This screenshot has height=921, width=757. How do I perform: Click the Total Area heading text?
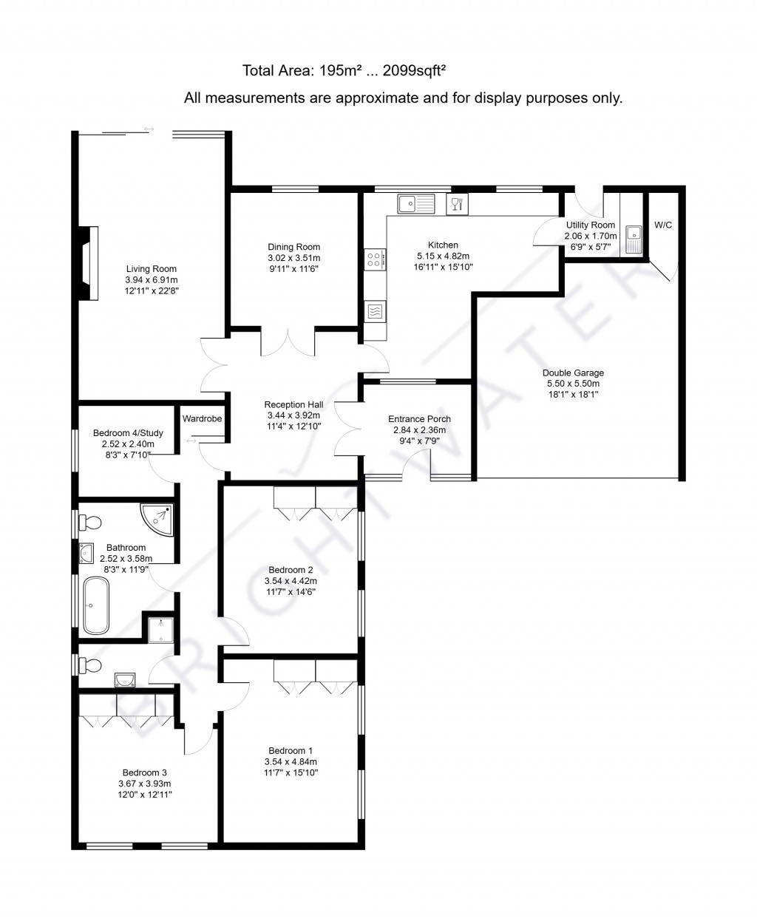(344, 71)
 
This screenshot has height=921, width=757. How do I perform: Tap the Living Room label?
(151, 269)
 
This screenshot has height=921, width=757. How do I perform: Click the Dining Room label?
(293, 247)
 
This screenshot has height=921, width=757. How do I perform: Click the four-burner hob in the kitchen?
(374, 259)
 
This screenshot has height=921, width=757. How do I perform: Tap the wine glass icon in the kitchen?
(457, 203)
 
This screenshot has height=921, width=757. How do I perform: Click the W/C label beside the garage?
(663, 225)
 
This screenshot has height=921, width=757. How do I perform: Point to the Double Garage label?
(573, 373)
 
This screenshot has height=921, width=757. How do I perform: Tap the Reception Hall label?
(293, 404)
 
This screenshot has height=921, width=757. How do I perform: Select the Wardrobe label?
(202, 418)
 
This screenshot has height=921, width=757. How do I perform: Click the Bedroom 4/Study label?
(128, 433)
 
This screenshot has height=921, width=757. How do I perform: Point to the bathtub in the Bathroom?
(96, 605)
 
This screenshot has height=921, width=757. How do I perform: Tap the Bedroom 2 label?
(291, 570)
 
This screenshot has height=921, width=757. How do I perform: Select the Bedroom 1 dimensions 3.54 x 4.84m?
(291, 761)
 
